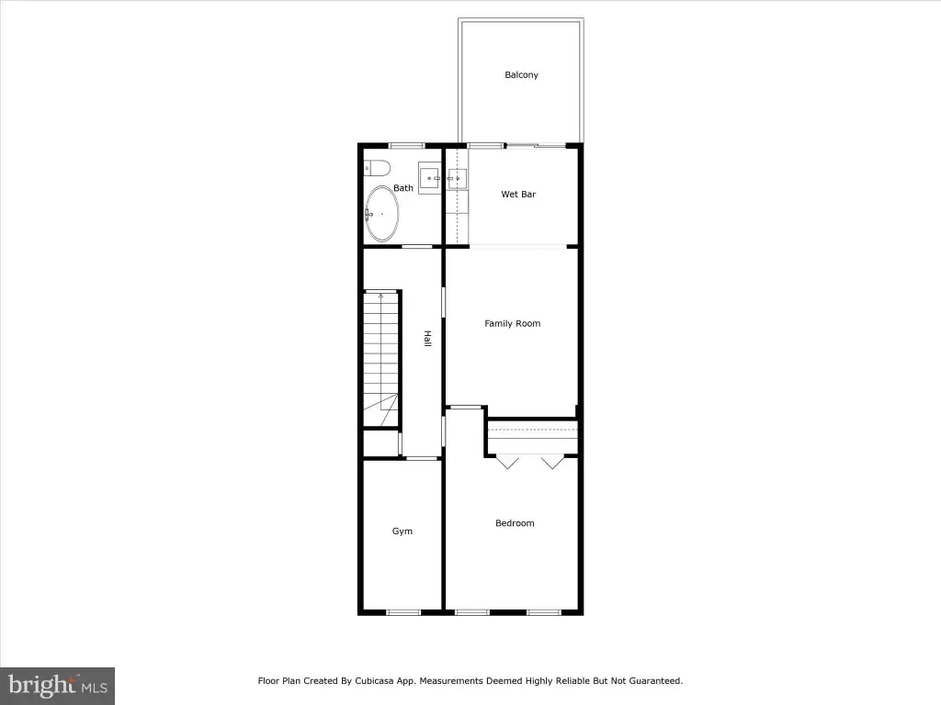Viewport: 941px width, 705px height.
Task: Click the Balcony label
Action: pos(521,75)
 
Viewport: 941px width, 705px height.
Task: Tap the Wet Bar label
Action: pos(518,195)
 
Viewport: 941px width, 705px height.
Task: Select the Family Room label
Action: pos(512,324)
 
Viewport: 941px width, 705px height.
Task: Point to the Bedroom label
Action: pos(515,523)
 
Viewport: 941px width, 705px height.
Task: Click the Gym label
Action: pos(402,532)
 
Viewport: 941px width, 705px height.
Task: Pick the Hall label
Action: pos(428,339)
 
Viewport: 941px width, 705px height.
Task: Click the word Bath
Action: pos(403,188)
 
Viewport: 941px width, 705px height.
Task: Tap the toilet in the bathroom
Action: pos(377,169)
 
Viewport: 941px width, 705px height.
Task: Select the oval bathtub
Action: pos(381,214)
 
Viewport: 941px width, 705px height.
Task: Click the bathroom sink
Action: pos(430,178)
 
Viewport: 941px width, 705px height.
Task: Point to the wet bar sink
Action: pos(457,179)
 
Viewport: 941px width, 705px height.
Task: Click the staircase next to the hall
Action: pos(381,359)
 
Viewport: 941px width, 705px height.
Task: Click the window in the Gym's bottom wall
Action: pos(403,612)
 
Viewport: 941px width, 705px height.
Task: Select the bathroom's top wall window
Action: pos(407,146)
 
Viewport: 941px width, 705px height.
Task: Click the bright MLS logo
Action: pos(57,686)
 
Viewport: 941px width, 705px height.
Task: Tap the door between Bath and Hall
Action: pos(417,246)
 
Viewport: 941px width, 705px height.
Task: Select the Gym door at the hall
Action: pos(422,459)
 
